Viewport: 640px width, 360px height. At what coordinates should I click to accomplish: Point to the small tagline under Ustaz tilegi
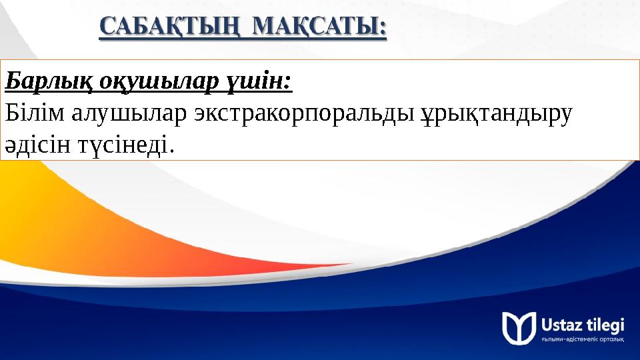click(583, 339)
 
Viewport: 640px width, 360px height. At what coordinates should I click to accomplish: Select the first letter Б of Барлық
click(11, 82)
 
